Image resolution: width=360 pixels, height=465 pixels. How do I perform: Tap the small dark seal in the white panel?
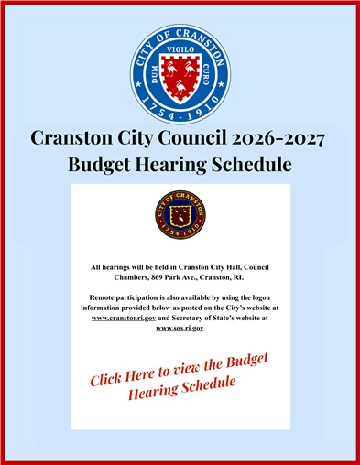(180, 216)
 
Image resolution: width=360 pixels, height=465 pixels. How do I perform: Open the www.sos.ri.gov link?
(180, 329)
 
